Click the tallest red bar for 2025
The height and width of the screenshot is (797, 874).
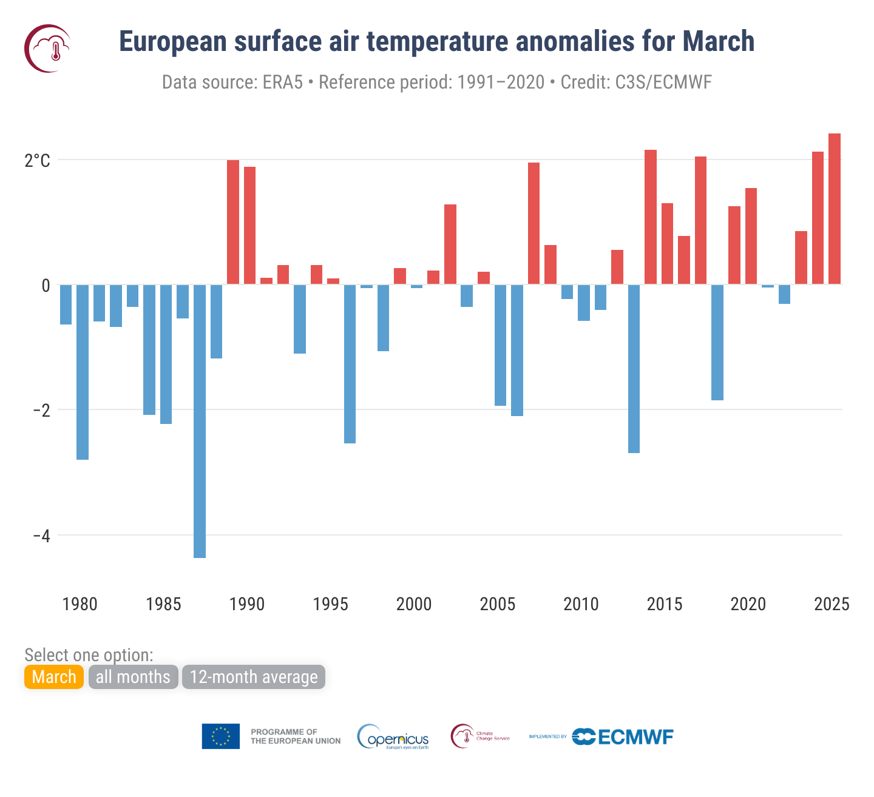[835, 209]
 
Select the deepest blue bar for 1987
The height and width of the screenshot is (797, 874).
[200, 421]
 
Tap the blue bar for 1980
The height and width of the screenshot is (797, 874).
[83, 372]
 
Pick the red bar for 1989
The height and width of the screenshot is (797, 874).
[233, 222]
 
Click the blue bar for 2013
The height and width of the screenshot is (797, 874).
[634, 368]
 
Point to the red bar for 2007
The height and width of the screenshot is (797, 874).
[534, 223]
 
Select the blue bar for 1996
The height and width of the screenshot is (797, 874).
[350, 363]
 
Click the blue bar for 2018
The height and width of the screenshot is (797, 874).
[717, 342]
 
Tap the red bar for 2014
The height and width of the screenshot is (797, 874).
[651, 217]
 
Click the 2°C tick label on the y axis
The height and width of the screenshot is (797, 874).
[38, 161]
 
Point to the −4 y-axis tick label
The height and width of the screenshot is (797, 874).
[41, 536]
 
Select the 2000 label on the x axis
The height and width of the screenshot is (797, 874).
[414, 604]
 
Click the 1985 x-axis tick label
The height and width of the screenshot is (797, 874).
[163, 604]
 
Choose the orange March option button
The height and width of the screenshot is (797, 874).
[54, 677]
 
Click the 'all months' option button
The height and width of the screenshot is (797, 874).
[133, 677]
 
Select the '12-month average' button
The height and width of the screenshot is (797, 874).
[254, 677]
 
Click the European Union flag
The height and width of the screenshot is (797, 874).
[221, 736]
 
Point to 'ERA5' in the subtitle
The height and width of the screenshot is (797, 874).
[283, 82]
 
